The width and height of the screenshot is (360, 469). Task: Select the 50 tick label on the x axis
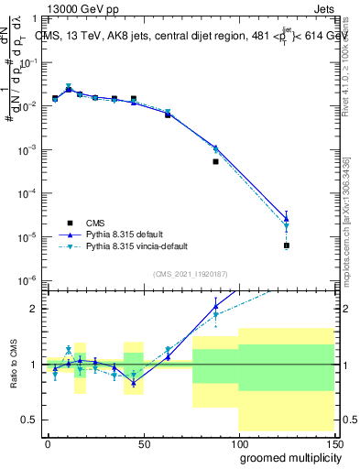(144, 442)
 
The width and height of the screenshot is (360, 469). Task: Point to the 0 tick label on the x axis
(48, 442)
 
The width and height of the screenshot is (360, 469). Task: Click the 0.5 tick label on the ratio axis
(29, 420)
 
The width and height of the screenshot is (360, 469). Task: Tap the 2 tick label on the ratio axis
(34, 309)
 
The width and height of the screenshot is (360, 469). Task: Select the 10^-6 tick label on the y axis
(27, 280)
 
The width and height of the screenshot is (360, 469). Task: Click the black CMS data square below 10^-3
(216, 161)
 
